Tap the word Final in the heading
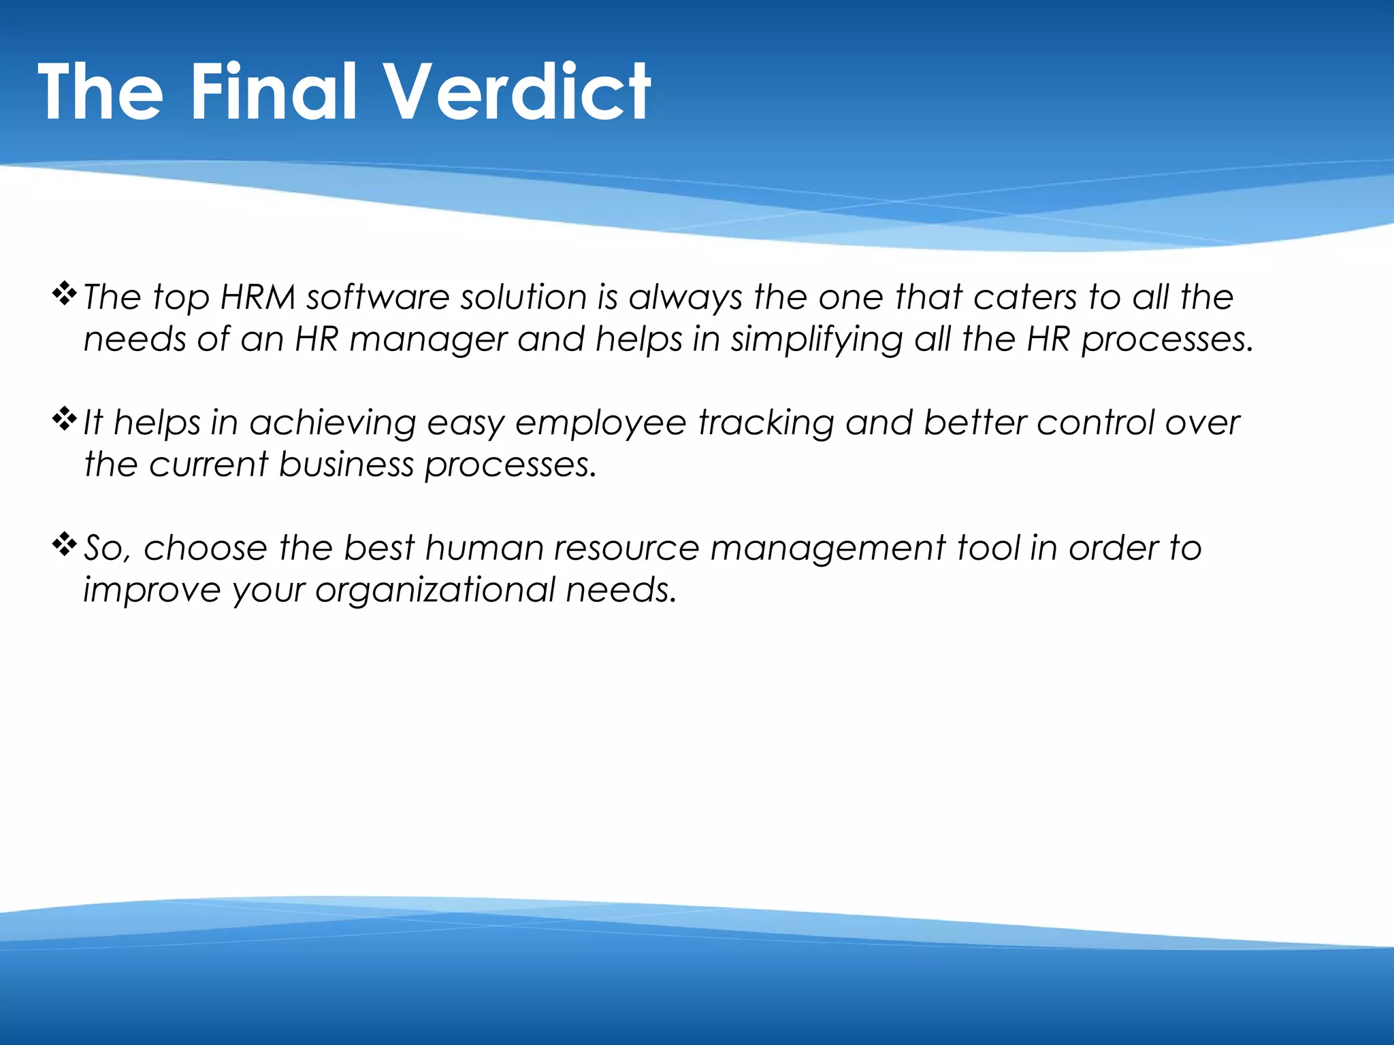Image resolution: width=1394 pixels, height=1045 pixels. click(x=272, y=92)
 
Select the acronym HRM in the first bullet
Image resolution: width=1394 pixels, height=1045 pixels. click(x=258, y=297)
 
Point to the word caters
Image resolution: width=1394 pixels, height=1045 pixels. click(x=1025, y=297)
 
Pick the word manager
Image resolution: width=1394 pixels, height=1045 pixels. click(x=427, y=339)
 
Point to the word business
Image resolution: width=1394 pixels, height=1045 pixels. click(x=346, y=465)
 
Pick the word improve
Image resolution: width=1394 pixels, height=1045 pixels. click(x=152, y=590)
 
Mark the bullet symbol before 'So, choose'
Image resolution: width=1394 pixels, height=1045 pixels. click(x=64, y=544)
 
